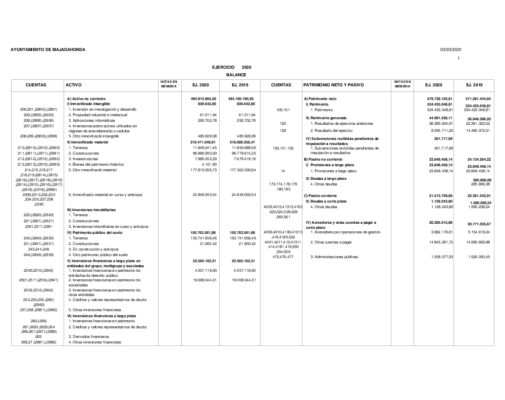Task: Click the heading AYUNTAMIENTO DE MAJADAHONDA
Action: tap(48, 49)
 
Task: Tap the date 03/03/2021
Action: tap(450, 49)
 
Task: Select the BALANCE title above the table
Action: tap(236, 75)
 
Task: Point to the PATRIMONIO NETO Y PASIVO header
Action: tap(334, 85)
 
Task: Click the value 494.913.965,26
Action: tap(204, 98)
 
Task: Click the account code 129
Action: tap(283, 131)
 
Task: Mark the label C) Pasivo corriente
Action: tap(320, 195)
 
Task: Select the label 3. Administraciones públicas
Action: tap(334, 257)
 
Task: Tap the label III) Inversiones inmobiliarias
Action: tap(91, 210)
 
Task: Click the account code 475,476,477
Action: tap(283, 257)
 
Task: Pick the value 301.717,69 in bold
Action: tap(443, 138)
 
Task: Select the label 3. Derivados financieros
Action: tap(89, 336)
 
